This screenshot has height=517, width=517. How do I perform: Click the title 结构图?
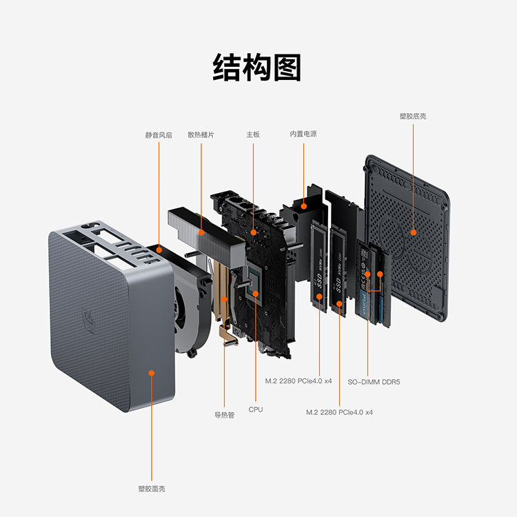(257, 68)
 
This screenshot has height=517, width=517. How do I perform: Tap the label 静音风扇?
(159, 135)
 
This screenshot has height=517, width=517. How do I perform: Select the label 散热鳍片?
(201, 135)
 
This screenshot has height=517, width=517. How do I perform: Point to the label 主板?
(253, 134)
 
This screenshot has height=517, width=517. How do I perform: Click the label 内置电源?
(303, 134)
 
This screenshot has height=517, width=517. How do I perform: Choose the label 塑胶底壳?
(413, 116)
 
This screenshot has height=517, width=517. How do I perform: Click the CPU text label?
(256, 409)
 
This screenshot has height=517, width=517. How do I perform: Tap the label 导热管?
(225, 415)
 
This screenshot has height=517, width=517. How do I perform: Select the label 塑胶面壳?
(152, 489)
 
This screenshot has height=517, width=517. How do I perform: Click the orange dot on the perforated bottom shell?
(413, 232)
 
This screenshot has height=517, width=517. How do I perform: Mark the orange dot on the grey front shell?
(152, 372)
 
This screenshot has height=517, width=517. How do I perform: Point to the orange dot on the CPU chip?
(256, 294)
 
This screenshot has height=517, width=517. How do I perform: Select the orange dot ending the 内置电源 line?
(303, 205)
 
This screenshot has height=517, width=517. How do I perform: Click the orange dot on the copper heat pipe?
(225, 299)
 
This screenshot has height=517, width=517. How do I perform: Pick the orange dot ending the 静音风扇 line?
(159, 250)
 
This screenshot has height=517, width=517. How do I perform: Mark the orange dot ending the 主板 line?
(253, 232)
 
